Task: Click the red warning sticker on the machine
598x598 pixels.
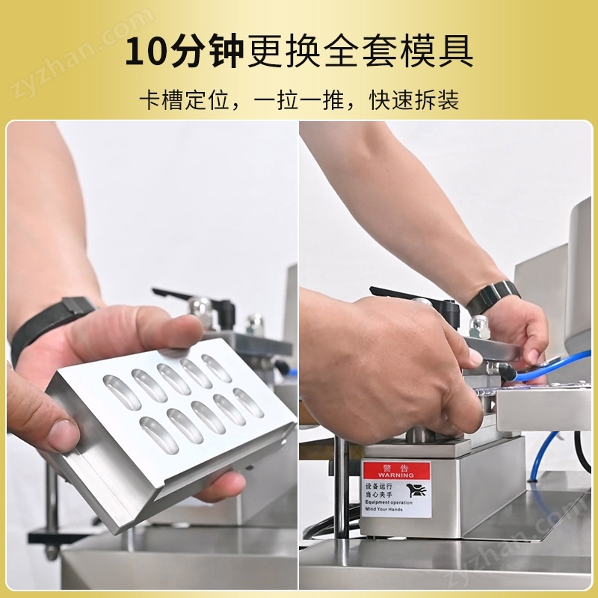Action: (x=396, y=489)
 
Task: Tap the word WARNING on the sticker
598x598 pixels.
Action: (x=395, y=475)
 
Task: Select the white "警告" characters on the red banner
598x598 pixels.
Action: (x=395, y=466)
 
